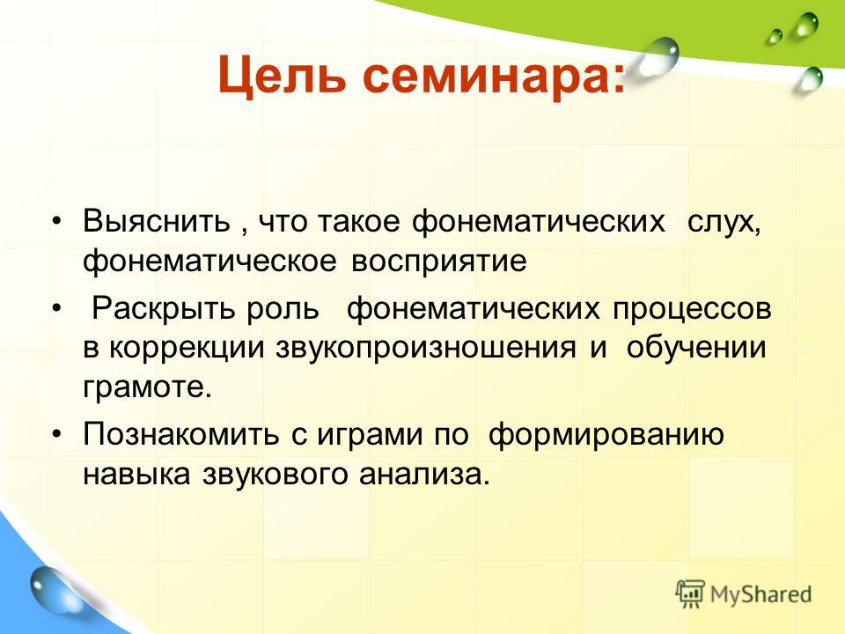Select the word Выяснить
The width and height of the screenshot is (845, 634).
pyautogui.click(x=157, y=220)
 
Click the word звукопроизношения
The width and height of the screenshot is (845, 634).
pyautogui.click(x=426, y=350)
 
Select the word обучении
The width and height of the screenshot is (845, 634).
pyautogui.click(x=695, y=349)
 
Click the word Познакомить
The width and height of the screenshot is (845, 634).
pyautogui.click(x=181, y=434)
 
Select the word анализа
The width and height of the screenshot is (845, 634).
pyautogui.click(x=421, y=475)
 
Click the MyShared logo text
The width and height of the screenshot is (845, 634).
pyautogui.click(x=760, y=595)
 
